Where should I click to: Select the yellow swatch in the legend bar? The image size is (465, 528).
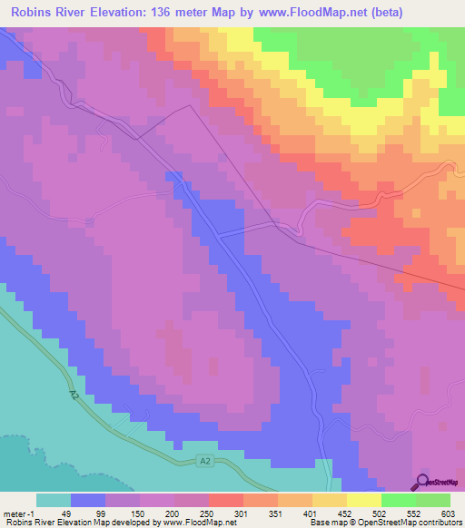363,500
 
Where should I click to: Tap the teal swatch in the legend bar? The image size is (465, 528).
54,500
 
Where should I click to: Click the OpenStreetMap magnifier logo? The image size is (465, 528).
424,482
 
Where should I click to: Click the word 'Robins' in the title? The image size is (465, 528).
34,12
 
